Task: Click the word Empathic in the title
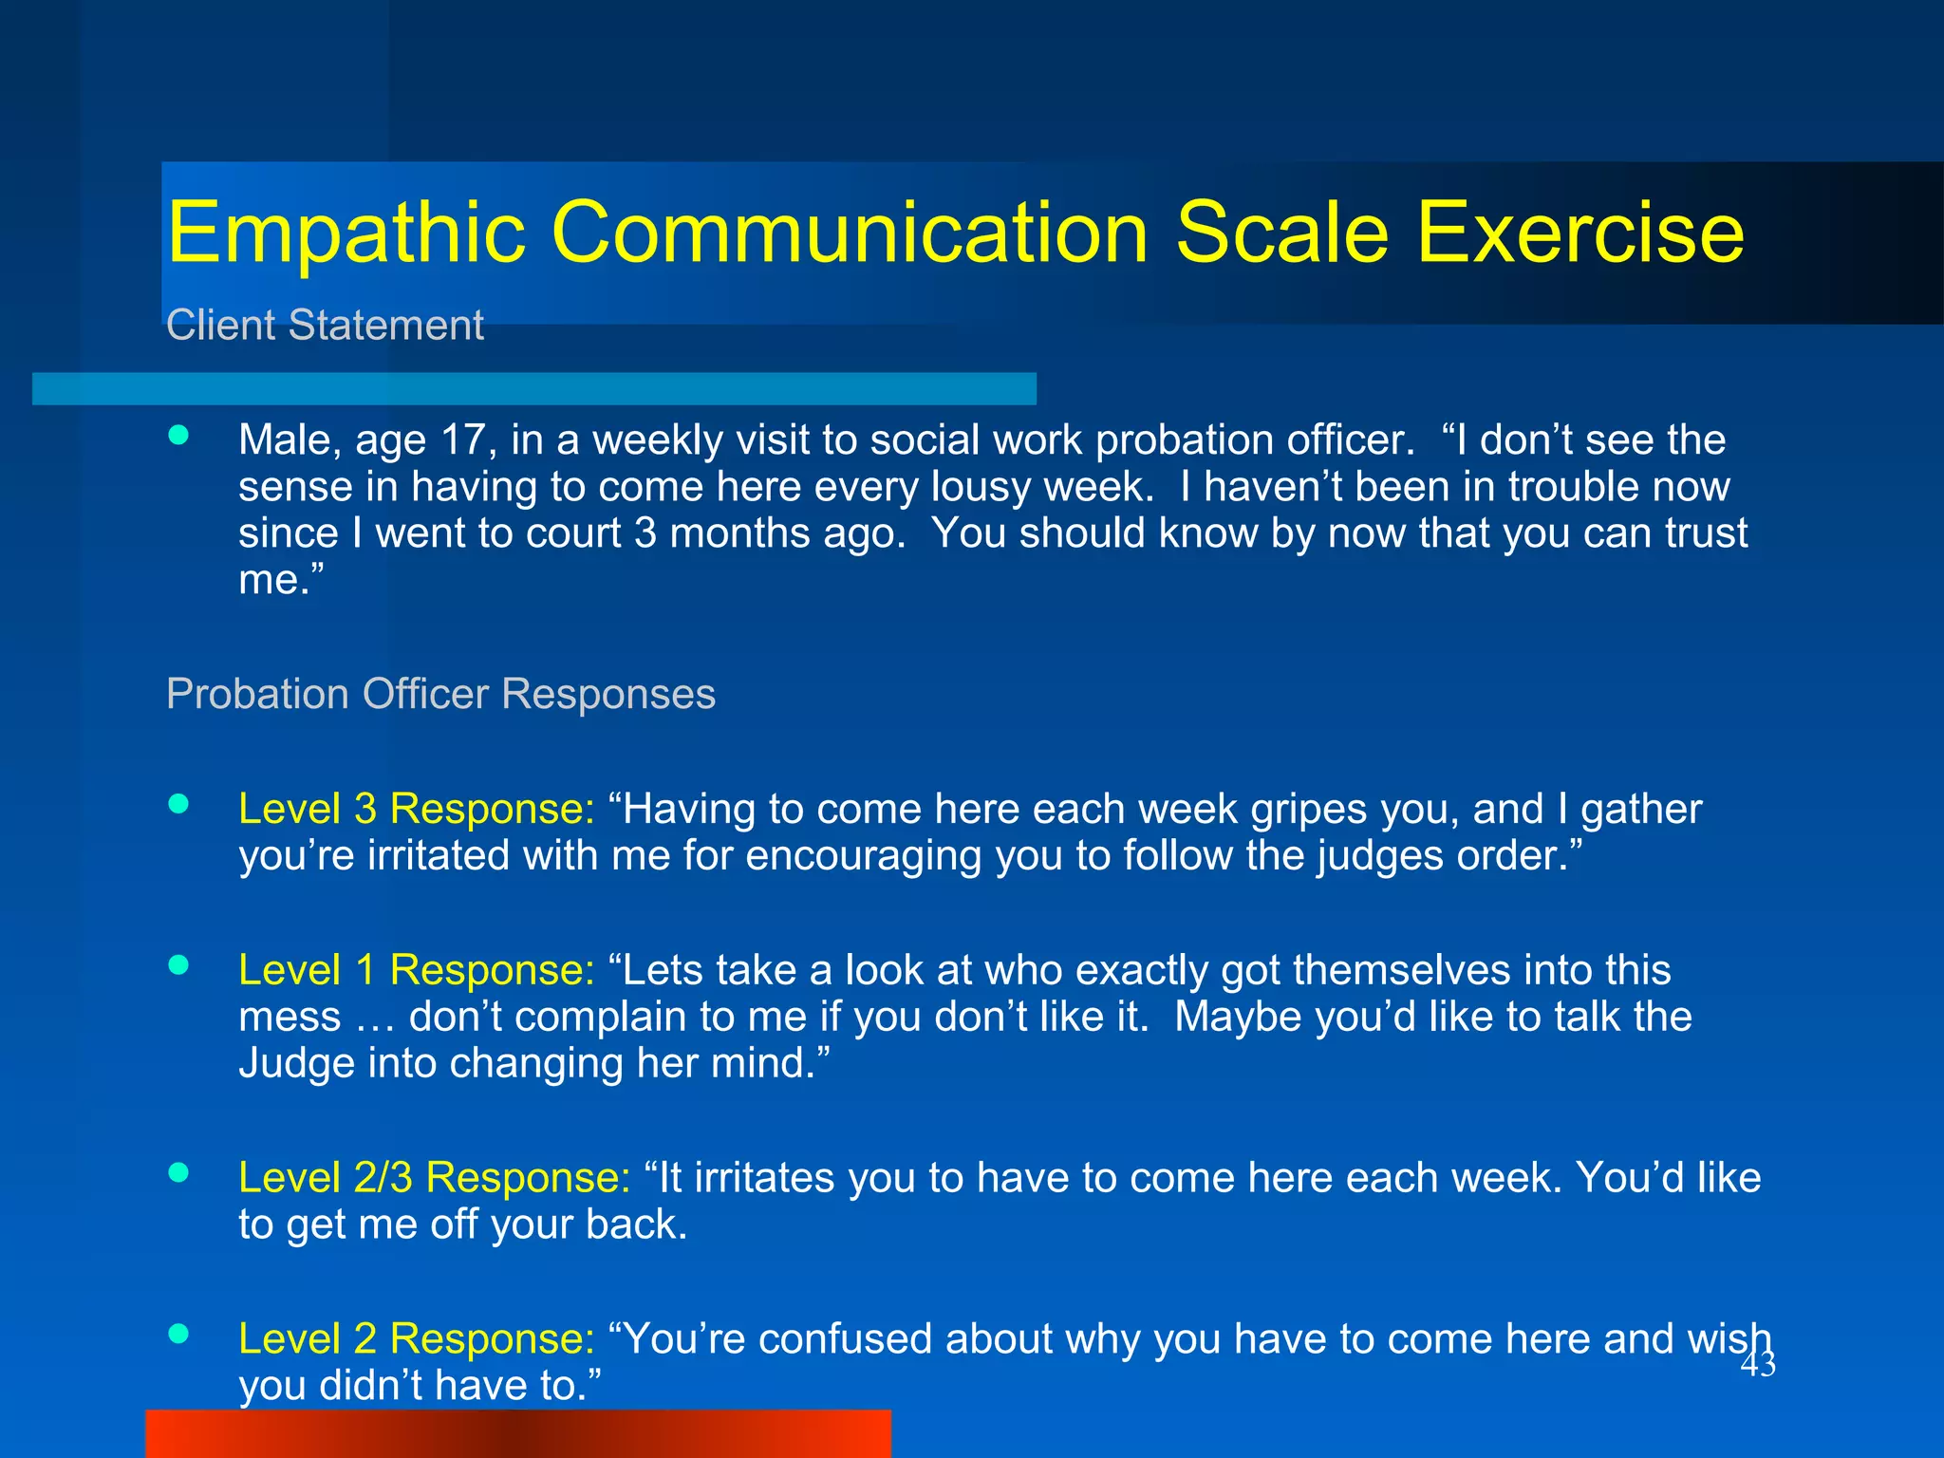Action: (346, 234)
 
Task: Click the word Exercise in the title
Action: (1579, 234)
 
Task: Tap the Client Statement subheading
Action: (325, 326)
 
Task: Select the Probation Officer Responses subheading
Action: (440, 694)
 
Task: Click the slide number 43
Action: (1757, 1365)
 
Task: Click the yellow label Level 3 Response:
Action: (416, 809)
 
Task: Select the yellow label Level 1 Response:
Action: (416, 970)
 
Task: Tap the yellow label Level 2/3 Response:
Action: (434, 1178)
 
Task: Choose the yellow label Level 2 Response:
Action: (416, 1339)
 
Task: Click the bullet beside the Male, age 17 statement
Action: (178, 435)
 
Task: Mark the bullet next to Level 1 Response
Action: (178, 965)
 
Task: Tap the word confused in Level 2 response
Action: (844, 1339)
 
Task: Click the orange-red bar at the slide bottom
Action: (518, 1433)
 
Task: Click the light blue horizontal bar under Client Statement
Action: (533, 388)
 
